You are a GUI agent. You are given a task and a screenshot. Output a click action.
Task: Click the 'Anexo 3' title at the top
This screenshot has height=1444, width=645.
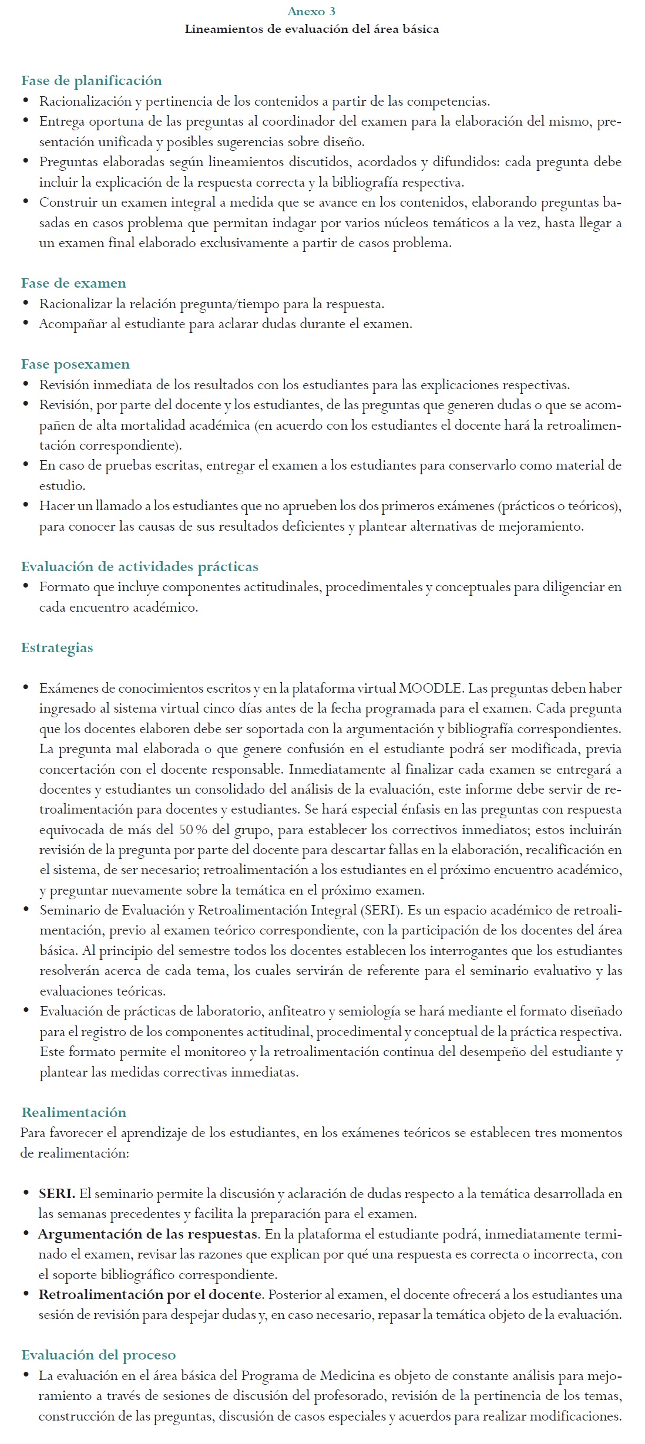click(311, 11)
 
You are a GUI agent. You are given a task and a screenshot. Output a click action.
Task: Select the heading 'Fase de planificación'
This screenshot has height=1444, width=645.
click(92, 81)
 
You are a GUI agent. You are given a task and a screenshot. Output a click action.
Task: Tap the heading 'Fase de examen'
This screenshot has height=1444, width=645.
click(73, 284)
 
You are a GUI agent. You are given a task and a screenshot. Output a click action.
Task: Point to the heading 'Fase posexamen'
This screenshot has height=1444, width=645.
click(75, 365)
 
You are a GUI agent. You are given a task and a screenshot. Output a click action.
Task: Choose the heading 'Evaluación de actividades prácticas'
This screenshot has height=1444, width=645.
click(140, 567)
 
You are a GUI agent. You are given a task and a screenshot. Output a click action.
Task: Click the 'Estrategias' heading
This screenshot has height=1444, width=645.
click(57, 648)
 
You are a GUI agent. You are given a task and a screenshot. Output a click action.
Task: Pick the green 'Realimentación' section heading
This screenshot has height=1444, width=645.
click(74, 1112)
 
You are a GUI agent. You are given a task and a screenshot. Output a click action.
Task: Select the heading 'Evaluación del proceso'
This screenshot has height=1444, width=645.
click(99, 1355)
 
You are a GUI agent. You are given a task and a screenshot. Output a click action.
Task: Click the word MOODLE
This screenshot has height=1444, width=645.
click(431, 689)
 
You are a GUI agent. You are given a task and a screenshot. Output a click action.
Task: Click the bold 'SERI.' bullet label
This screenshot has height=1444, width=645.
click(57, 1194)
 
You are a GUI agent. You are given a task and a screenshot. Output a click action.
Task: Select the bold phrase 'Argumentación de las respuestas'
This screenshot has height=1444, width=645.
click(148, 1234)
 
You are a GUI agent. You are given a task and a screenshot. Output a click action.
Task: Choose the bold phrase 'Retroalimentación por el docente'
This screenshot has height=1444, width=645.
click(150, 1295)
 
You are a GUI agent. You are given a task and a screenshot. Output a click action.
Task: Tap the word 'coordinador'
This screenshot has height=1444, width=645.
click(297, 122)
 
